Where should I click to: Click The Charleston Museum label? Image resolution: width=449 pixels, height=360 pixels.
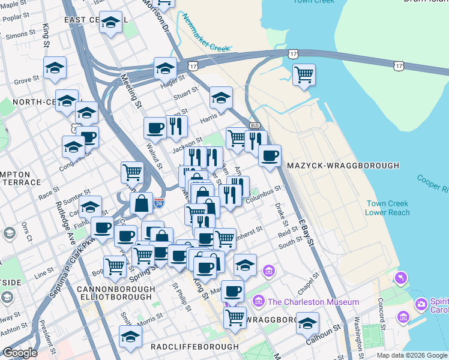tap(313, 302)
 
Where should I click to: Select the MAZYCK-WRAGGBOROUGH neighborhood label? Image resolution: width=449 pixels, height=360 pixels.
tap(343, 166)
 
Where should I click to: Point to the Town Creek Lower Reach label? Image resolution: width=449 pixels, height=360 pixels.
tap(388, 208)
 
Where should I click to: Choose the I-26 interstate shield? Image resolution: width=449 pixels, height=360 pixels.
tap(158, 204)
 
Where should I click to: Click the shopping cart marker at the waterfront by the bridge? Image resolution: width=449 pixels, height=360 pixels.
tap(304, 75)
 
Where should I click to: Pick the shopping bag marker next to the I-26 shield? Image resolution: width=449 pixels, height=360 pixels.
tap(141, 203)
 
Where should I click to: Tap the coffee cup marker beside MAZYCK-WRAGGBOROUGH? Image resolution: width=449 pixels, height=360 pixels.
tap(270, 156)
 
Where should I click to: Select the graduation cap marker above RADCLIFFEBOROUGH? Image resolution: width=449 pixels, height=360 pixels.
tap(130, 337)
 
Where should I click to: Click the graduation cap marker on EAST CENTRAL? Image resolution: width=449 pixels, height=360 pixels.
tap(110, 23)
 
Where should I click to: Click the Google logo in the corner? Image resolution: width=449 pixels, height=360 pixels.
tap(20, 353)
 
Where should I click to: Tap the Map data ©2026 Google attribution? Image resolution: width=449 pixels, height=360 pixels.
tap(412, 355)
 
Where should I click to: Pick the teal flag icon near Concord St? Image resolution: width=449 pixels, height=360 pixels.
tap(401, 278)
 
